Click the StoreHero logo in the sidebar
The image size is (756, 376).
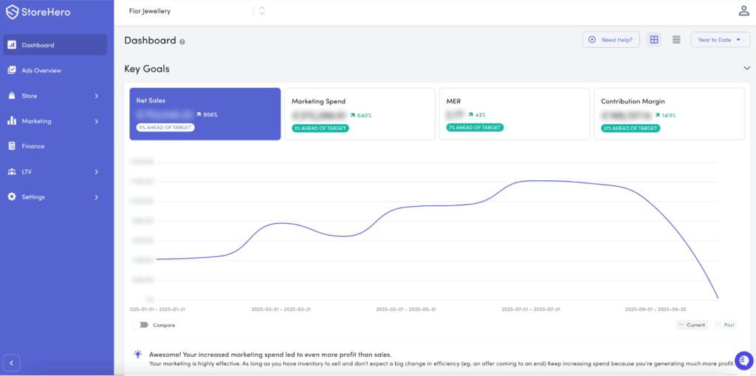point(38,12)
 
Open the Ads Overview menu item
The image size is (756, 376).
point(41,70)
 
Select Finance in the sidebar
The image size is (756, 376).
point(33,146)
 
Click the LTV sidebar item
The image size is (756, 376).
point(27,171)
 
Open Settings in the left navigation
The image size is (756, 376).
point(33,197)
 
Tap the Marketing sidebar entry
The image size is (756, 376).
point(37,121)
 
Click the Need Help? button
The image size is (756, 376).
point(611,40)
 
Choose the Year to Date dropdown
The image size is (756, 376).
point(720,40)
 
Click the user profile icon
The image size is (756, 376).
point(743,10)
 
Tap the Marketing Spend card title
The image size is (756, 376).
point(318,101)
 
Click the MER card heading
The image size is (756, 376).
point(453,101)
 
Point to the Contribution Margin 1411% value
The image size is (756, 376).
point(668,115)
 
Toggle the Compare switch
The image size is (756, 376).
point(141,324)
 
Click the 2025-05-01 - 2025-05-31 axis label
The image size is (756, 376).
point(406,310)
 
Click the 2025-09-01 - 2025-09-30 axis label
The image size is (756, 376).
point(655,310)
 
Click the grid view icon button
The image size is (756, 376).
point(653,40)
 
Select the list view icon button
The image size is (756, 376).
point(676,40)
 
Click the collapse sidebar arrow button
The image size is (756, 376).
point(11,362)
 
